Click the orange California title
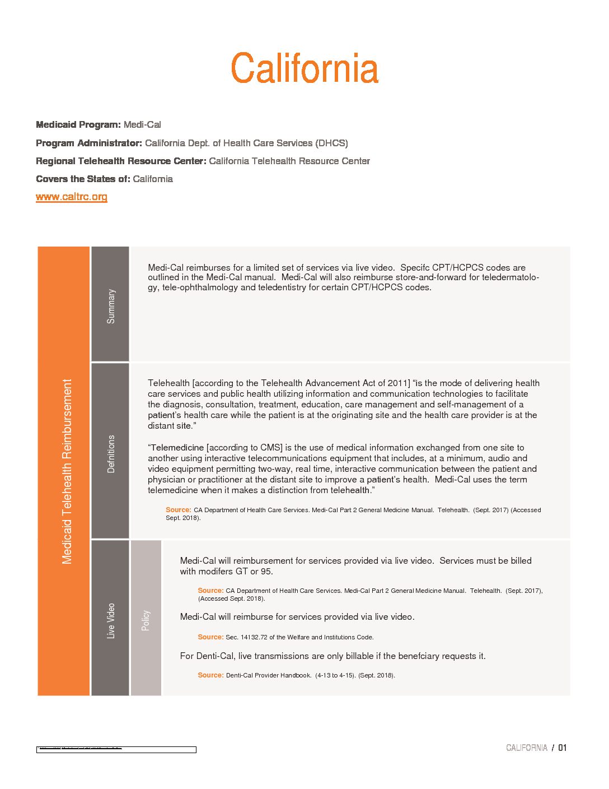[304, 68]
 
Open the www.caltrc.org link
[72, 197]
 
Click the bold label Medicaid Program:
[78, 124]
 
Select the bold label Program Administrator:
[89, 143]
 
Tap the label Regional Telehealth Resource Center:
[121, 161]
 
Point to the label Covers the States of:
[83, 179]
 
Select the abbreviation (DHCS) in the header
[331, 143]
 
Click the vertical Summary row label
[111, 306]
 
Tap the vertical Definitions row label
[111, 454]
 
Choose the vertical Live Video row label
[111, 620]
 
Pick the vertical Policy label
[146, 620]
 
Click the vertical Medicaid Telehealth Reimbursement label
[67, 471]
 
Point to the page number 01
[562, 748]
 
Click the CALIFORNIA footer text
[526, 748]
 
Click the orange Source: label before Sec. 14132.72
[210, 637]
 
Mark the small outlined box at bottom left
[116, 749]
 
